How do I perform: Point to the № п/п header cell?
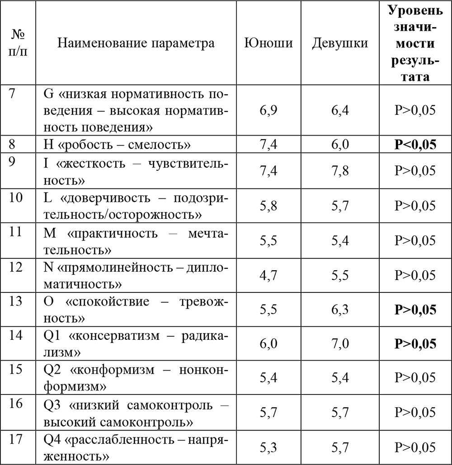(18, 43)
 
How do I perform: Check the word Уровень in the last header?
(415, 10)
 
